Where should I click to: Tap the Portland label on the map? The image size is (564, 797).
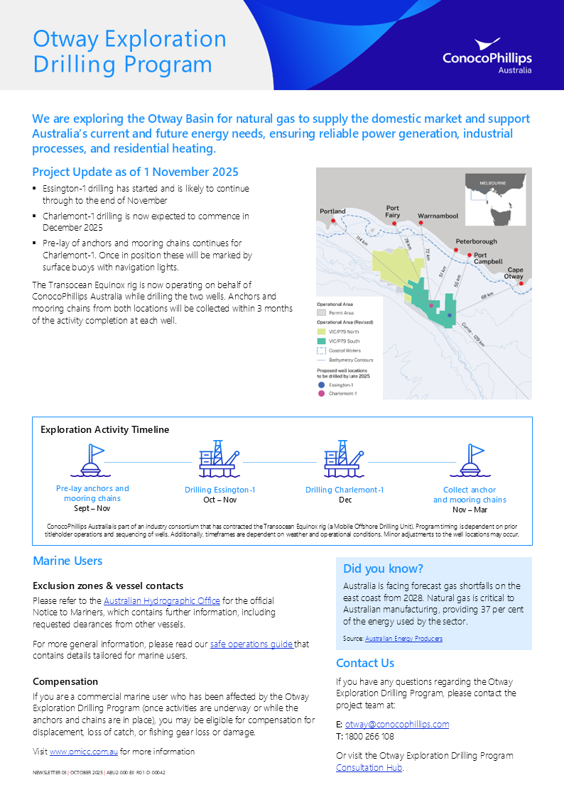tap(332, 211)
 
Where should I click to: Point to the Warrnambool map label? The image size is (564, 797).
tap(438, 215)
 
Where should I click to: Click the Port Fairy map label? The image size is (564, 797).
tap(393, 211)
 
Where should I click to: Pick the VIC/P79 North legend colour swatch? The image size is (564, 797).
tap(321, 331)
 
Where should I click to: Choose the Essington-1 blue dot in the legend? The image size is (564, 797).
tap(321, 383)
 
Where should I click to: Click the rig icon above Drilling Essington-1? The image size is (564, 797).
tap(219, 458)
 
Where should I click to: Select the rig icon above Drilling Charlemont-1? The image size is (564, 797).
tap(345, 458)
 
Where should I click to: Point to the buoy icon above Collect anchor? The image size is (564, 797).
tap(470, 461)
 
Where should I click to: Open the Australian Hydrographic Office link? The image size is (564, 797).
tap(161, 601)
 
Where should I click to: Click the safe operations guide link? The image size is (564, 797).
tap(251, 644)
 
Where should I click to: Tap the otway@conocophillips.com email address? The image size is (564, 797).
tap(397, 725)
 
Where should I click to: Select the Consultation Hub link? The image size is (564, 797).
tap(369, 768)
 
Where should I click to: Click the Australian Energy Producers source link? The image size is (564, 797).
tap(403, 639)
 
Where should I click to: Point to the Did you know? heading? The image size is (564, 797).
tap(383, 568)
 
